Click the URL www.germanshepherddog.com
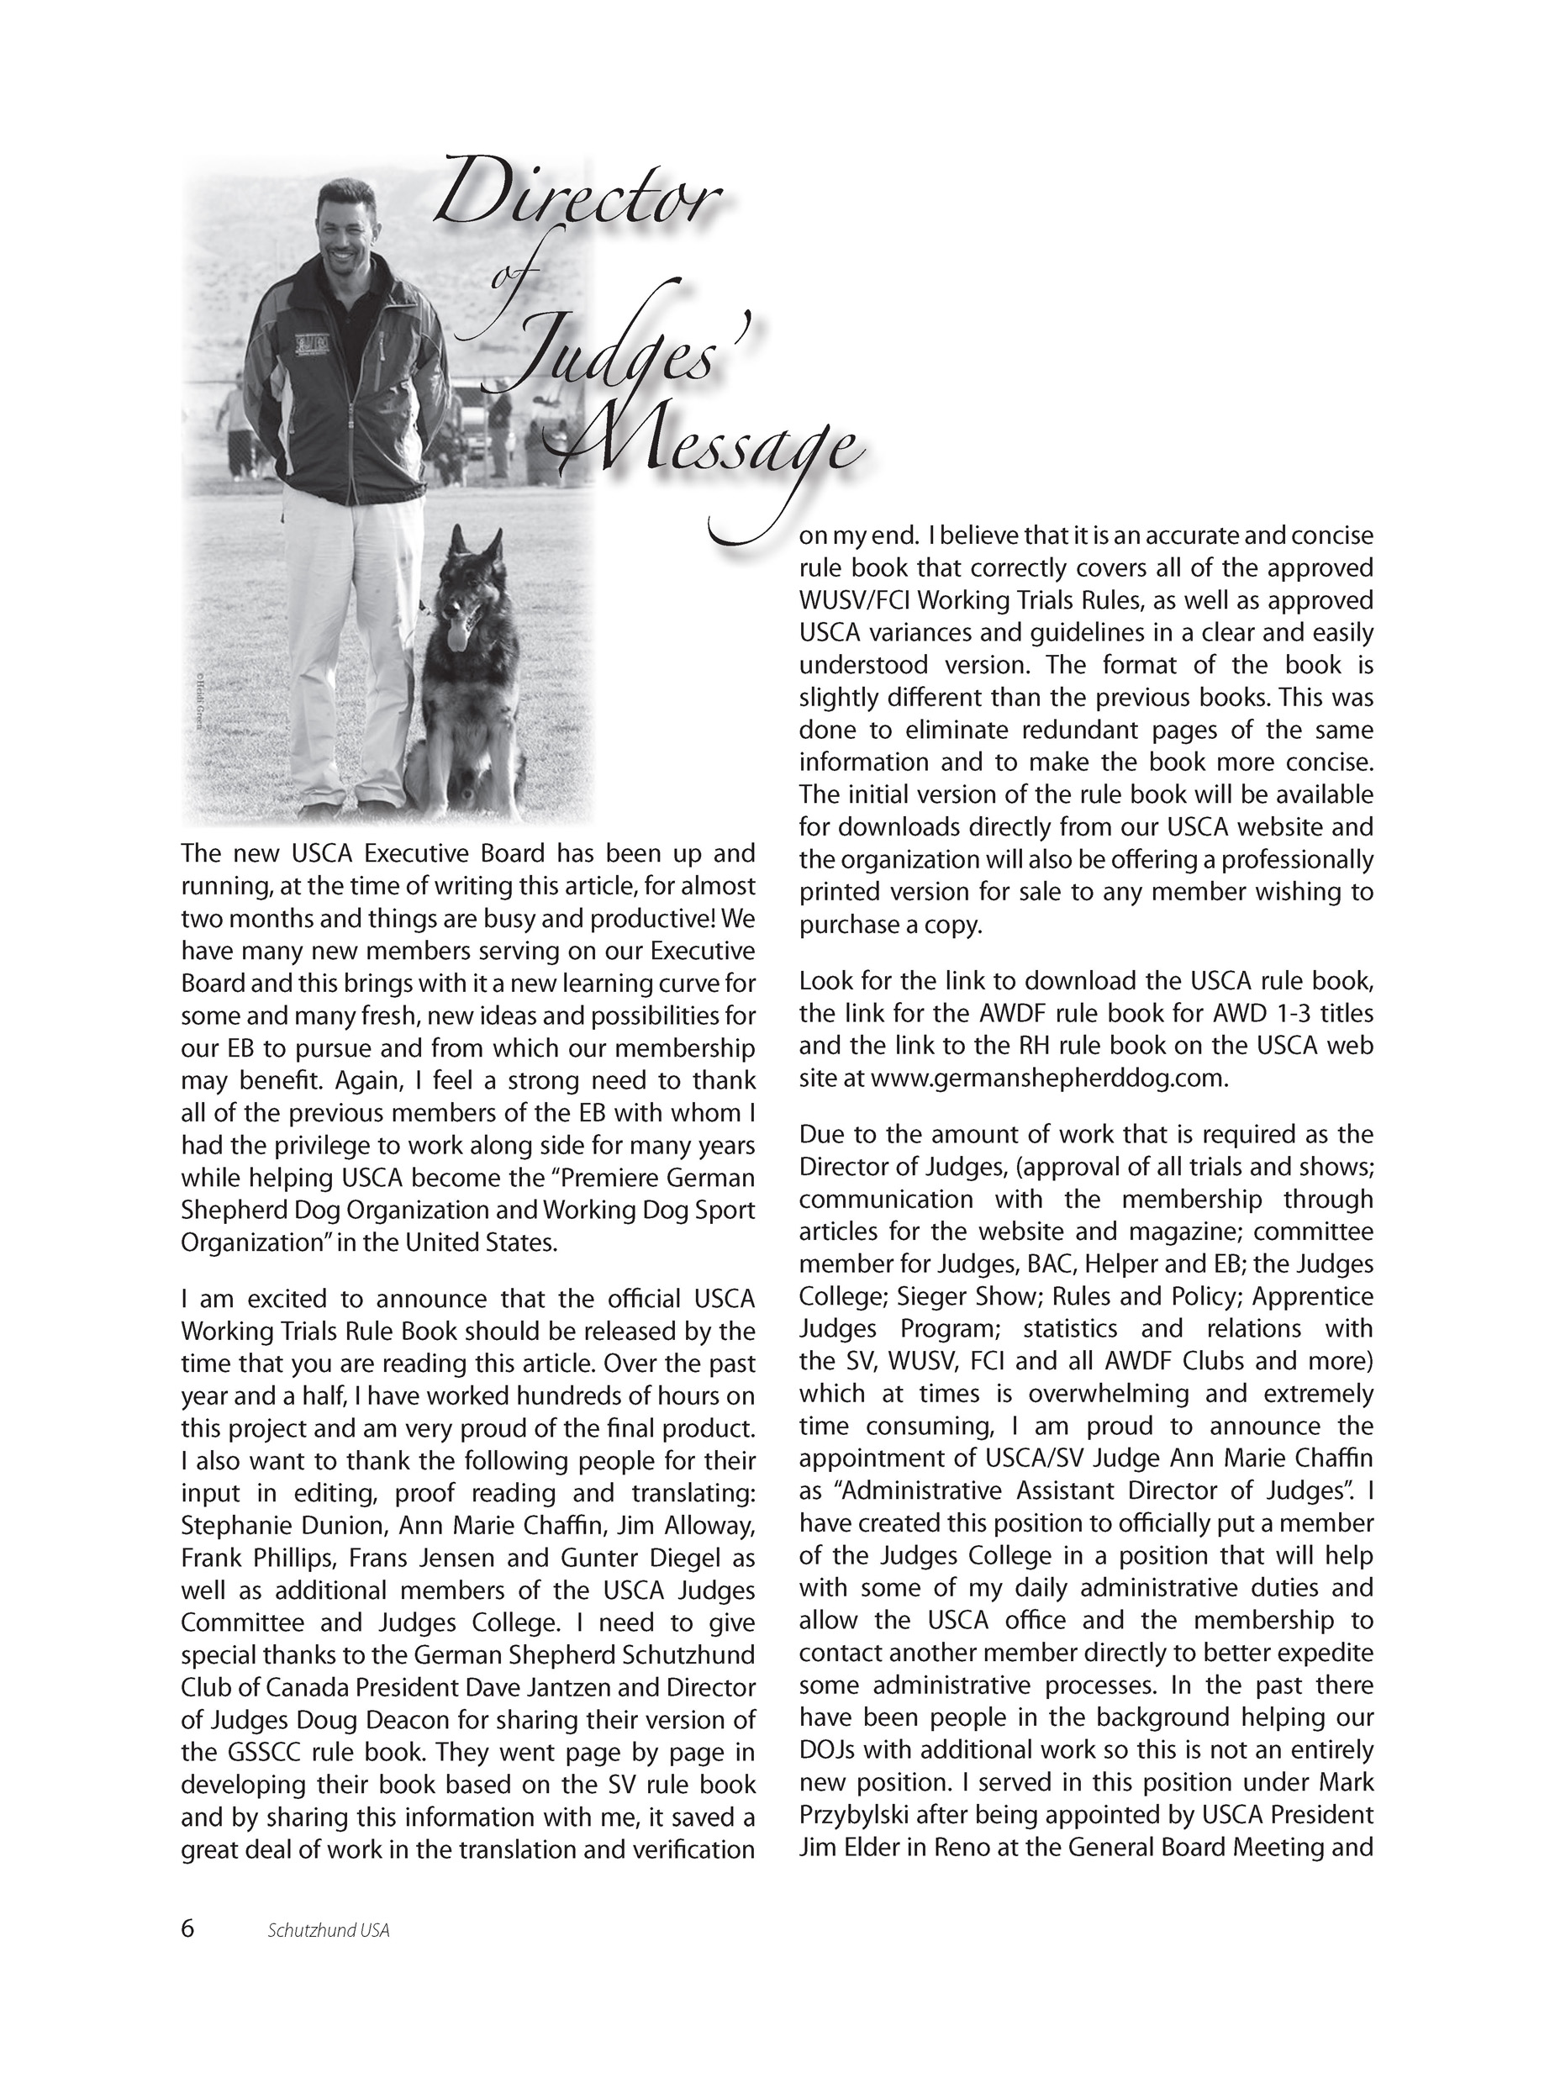pyautogui.click(x=1049, y=1079)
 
